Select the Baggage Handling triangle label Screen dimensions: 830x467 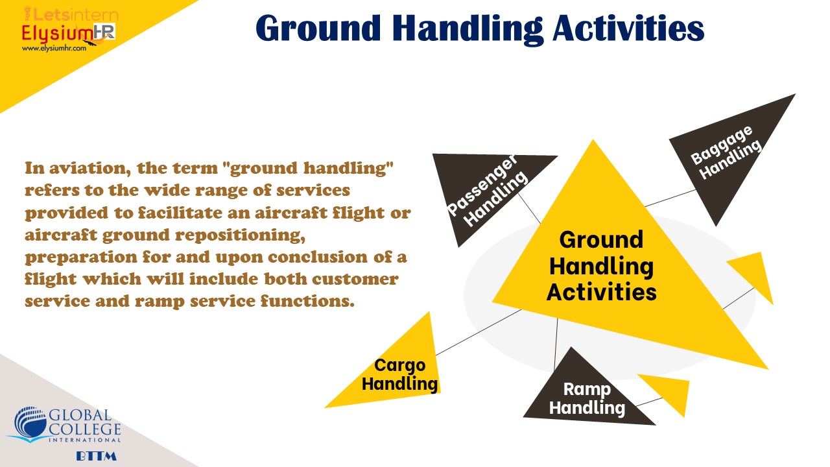click(726, 152)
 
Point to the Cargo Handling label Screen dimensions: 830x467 click(400, 374)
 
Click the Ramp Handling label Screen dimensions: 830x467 click(587, 398)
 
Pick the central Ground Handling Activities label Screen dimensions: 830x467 click(601, 266)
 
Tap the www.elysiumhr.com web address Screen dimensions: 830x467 click(54, 48)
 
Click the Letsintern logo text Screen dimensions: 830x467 click(71, 15)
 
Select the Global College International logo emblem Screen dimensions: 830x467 click(29, 425)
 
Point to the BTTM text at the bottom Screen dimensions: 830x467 click(97, 456)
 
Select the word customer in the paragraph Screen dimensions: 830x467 click(355, 279)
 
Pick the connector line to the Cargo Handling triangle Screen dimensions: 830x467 click(479, 333)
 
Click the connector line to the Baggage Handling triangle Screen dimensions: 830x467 click(670, 198)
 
